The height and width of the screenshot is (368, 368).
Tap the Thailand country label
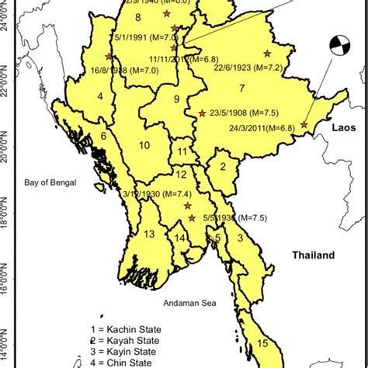click(x=313, y=255)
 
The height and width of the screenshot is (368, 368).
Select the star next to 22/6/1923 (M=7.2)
click(x=267, y=53)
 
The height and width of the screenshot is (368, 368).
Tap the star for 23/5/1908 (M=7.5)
click(x=203, y=113)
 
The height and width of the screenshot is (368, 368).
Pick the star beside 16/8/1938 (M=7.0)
click(x=109, y=57)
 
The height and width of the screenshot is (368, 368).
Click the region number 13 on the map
click(x=150, y=234)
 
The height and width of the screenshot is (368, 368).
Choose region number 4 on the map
click(x=99, y=96)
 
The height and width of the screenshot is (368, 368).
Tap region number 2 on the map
click(x=222, y=166)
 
